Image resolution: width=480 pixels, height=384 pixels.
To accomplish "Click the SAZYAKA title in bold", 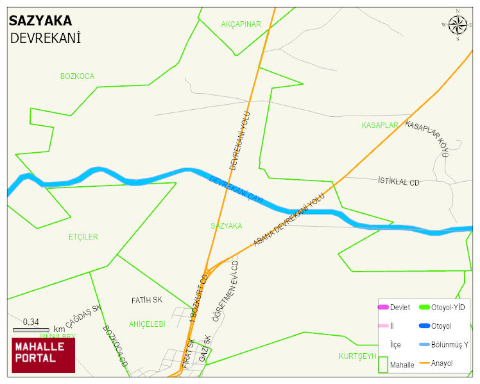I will [x=40, y=21].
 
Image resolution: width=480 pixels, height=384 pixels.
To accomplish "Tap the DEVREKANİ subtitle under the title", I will [x=45, y=39].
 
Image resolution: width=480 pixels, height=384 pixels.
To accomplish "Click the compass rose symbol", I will [x=458, y=25].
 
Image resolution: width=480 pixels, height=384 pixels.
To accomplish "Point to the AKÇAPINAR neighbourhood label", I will [x=241, y=24].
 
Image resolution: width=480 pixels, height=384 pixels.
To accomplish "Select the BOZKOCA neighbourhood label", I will [x=77, y=76].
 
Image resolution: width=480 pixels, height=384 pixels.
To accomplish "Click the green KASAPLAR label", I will [x=380, y=125].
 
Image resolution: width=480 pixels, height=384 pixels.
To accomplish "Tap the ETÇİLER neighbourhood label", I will [x=83, y=237].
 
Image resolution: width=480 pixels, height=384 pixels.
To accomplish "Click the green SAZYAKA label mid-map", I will [x=226, y=226].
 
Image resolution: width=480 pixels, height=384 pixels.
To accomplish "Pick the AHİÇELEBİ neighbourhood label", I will [x=147, y=324].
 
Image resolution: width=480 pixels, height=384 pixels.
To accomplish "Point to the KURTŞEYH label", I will [x=357, y=356].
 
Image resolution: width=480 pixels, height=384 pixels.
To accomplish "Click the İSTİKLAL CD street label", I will [x=399, y=182].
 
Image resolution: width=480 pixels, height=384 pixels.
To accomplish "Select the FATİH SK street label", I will [x=147, y=300].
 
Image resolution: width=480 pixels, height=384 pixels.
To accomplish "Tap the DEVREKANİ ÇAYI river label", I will [x=237, y=190].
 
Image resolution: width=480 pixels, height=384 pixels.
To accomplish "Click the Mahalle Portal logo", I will [x=43, y=355].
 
